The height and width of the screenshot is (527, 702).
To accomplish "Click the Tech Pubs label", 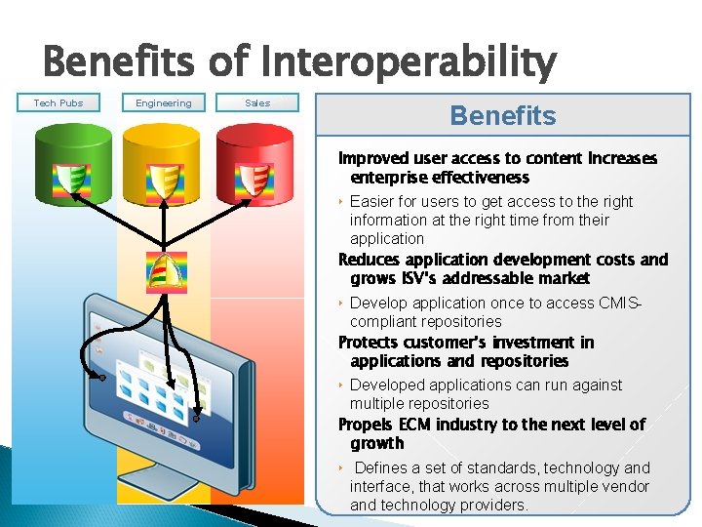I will pos(58,102).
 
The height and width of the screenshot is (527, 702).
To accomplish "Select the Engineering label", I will pos(164,102).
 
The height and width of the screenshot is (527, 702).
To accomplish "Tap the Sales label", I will pos(257,102).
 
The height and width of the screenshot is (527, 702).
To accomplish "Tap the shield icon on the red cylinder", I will pos(253,181).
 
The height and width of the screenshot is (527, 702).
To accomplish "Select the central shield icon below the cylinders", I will pos(165,270).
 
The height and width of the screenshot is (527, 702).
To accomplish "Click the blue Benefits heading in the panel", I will pos(503,116).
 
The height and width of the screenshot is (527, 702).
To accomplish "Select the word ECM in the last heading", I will pos(409,425).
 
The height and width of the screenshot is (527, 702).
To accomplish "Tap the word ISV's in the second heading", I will pos(414,278).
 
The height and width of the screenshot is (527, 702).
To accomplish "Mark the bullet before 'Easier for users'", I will pos(341,202).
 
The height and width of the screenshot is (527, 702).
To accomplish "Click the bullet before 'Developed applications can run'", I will pos(341,385).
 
